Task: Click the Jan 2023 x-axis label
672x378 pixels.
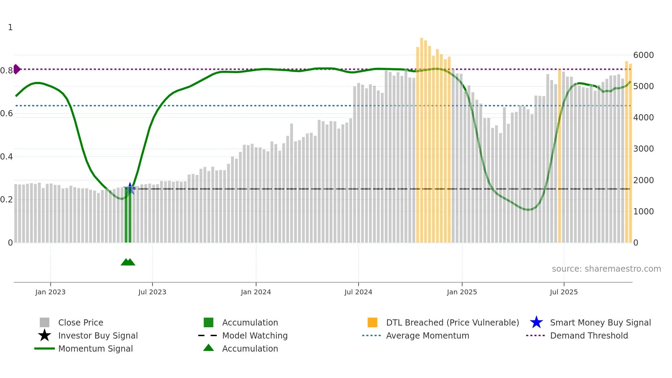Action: (50, 292)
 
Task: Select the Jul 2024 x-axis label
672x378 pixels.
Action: (358, 292)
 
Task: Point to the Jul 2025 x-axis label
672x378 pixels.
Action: (564, 292)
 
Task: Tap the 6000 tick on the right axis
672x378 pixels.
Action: (643, 55)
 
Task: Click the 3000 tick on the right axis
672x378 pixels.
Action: (643, 149)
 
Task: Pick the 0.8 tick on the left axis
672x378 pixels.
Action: (7, 71)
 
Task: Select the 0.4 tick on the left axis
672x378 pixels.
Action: (7, 157)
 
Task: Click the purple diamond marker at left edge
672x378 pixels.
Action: (16, 69)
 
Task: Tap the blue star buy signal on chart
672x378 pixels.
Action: (130, 188)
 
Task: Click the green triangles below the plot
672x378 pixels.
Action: (128, 262)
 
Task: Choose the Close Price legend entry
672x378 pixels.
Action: (81, 322)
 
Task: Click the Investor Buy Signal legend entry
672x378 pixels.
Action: (98, 335)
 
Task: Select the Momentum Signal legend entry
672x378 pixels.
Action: (95, 349)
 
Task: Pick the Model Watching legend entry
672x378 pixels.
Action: (254, 335)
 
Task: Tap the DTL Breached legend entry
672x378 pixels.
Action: (452, 322)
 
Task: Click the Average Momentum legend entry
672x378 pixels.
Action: (427, 335)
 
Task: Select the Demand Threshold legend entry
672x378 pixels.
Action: (589, 335)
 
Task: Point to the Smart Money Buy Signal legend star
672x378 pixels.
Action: (536, 322)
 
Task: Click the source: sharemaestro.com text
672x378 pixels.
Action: (606, 269)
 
